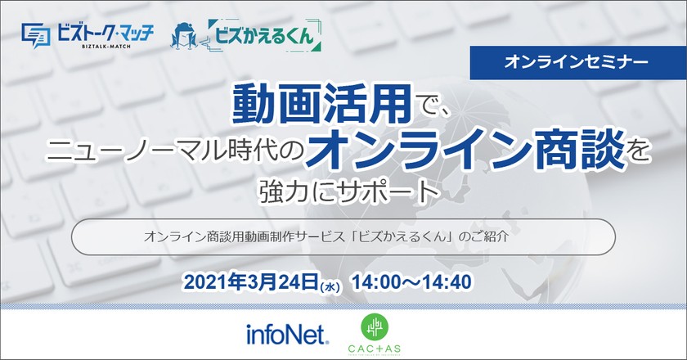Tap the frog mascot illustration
(x=185, y=37)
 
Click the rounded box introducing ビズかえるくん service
(x=343, y=235)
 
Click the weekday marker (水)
(x=329, y=286)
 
